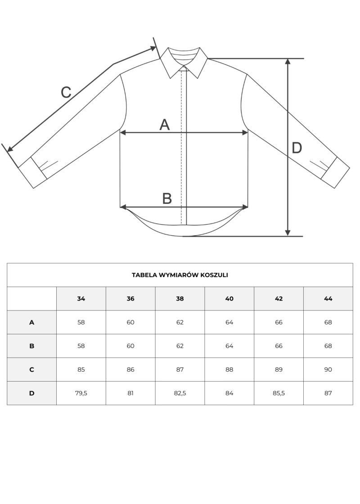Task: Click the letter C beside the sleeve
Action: click(66, 92)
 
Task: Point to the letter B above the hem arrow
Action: click(167, 198)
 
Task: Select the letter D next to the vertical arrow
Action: click(297, 148)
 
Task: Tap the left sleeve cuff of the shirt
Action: click(32, 172)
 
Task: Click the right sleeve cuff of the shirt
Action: click(335, 172)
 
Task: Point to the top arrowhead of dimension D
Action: click(288, 61)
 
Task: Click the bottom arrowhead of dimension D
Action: click(288, 233)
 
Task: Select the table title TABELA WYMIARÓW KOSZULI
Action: click(180, 275)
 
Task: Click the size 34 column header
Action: click(81, 299)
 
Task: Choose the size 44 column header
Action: click(328, 299)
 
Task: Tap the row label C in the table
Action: click(31, 369)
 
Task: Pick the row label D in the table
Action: click(31, 393)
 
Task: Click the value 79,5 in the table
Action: click(81, 393)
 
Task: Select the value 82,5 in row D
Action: click(180, 393)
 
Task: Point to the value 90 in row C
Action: click(328, 369)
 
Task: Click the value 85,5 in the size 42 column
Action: click(279, 393)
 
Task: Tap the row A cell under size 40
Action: click(229, 322)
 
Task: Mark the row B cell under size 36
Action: click(130, 346)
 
